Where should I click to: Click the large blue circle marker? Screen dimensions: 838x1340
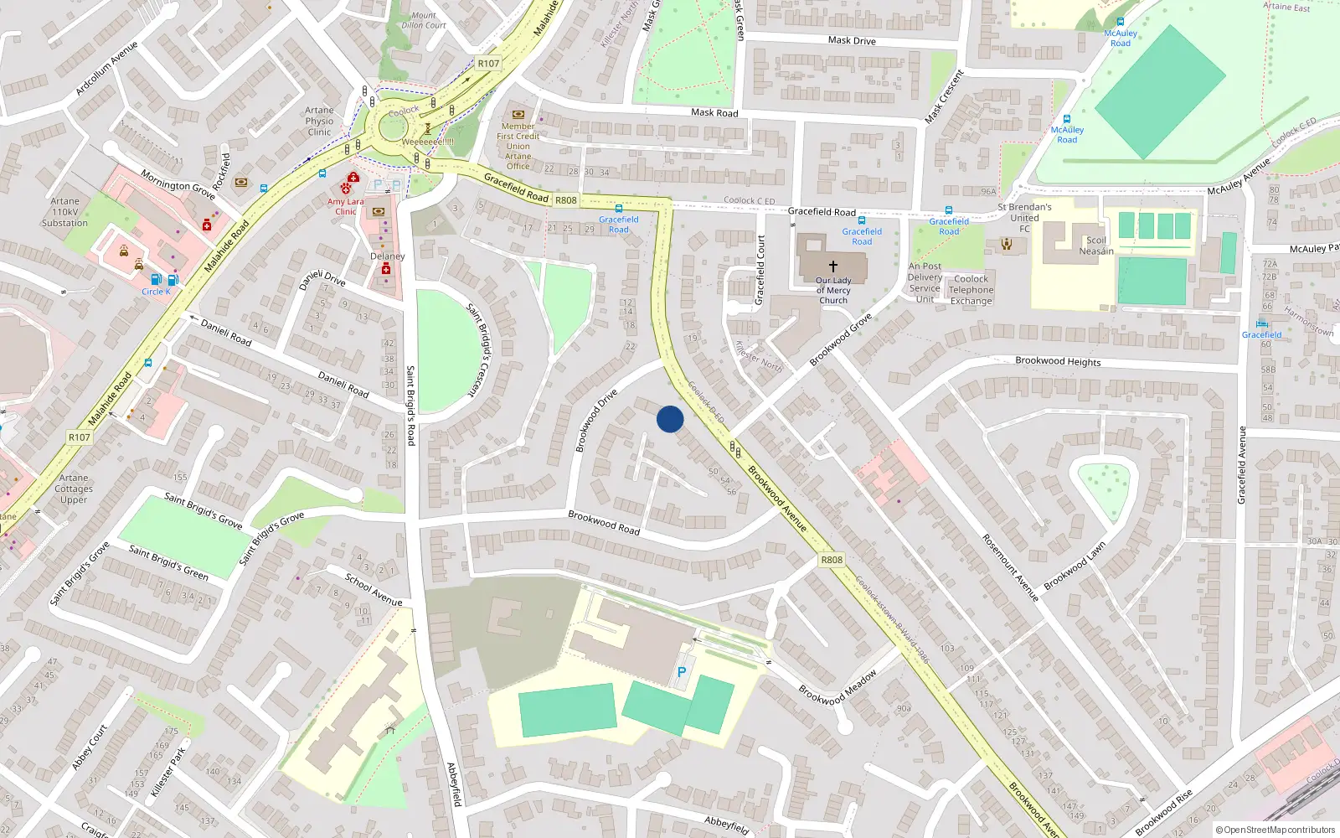670,419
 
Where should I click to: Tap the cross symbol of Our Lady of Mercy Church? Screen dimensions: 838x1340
833,266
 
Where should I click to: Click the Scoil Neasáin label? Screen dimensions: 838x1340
1095,246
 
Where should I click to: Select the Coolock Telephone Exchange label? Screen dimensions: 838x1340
971,290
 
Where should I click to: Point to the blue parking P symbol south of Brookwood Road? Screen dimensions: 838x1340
682,672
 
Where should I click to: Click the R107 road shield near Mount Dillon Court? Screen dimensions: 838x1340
488,64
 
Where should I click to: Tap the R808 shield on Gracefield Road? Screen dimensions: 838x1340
566,200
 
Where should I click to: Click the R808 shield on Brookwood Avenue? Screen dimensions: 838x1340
832,560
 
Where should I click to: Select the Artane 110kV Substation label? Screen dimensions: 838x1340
64,212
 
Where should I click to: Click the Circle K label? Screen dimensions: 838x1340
156,292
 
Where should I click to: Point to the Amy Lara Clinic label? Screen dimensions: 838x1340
345,206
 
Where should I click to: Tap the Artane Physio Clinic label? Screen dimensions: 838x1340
319,121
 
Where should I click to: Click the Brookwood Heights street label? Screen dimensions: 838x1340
1058,361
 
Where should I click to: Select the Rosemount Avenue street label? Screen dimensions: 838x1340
1010,567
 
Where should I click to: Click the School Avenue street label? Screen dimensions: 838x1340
374,590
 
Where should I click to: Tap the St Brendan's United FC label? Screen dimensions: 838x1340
1024,218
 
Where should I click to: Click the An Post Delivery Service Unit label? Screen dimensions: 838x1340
925,282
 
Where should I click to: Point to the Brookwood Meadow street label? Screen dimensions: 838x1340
837,687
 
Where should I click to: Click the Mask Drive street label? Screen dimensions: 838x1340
852,40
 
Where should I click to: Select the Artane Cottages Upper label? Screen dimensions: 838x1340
74,489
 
